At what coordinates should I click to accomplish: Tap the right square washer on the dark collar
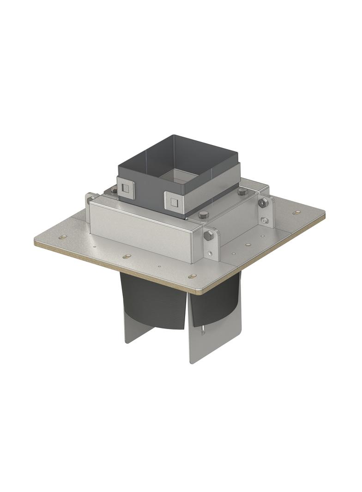click(x=174, y=201)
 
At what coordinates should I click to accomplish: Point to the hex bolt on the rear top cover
click(x=243, y=192)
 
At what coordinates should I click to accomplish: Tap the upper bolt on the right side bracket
click(x=263, y=204)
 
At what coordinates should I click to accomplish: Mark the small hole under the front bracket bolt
click(x=210, y=253)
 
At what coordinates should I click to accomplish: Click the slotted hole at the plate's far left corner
click(x=62, y=237)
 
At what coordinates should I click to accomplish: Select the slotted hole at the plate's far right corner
click(x=296, y=213)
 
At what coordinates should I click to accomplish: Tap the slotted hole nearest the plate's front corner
click(x=193, y=276)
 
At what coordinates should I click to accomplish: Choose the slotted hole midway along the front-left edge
click(x=127, y=256)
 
